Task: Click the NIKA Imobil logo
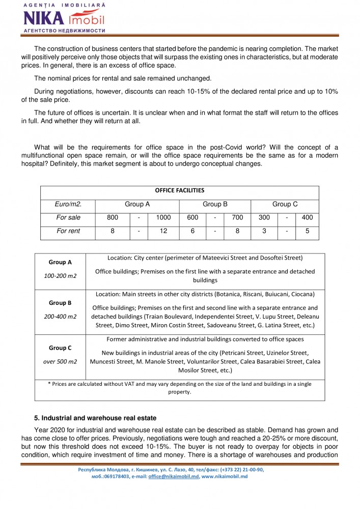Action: coord(64,18)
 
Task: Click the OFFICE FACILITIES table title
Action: coord(179,191)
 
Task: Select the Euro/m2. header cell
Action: coord(68,204)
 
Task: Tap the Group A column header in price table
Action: coord(137,204)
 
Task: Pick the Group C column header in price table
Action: coord(285,204)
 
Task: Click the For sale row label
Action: coord(68,217)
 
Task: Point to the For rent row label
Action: coord(68,231)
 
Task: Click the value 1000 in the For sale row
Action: coord(163,217)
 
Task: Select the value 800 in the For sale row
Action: coord(113,217)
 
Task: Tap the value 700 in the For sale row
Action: coord(237,217)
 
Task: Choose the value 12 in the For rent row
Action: coord(163,231)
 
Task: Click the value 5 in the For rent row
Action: coord(307,231)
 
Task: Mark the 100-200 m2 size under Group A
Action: coord(60,275)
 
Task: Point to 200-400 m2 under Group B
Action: coord(60,316)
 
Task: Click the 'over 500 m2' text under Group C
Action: coord(60,361)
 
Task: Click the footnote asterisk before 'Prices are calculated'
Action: coord(49,384)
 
